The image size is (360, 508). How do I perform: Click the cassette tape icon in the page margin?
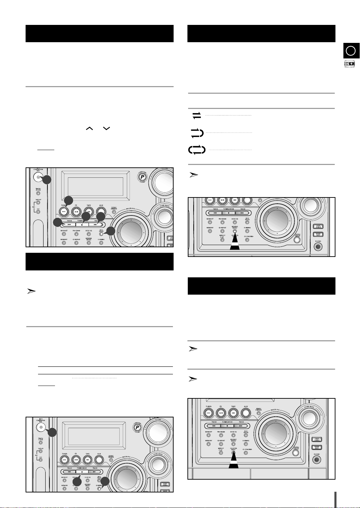pos(350,64)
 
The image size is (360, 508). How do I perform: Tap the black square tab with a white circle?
pos(351,51)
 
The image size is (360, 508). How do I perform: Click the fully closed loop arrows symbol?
pos(197,150)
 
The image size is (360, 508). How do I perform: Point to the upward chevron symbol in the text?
pos(90,128)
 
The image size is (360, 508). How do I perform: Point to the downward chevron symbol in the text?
pos(106,128)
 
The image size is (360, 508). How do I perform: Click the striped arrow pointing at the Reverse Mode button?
pos(235,242)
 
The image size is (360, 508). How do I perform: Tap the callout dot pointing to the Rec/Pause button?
pos(111,231)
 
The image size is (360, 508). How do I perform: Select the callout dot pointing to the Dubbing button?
pos(105,481)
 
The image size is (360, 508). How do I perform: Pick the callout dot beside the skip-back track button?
pos(58,223)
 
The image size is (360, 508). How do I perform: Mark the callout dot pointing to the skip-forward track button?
pos(101,217)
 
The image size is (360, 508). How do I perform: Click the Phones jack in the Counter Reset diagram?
pos(316,460)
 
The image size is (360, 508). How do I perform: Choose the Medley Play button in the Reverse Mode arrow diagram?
pos(222,239)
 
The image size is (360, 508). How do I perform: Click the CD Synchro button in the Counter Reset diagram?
pos(246,453)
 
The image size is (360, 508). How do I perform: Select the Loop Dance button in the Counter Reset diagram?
pos(316,439)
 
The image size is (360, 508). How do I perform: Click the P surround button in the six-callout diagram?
pos(142,177)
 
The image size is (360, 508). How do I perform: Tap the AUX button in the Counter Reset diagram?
pos(246,412)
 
